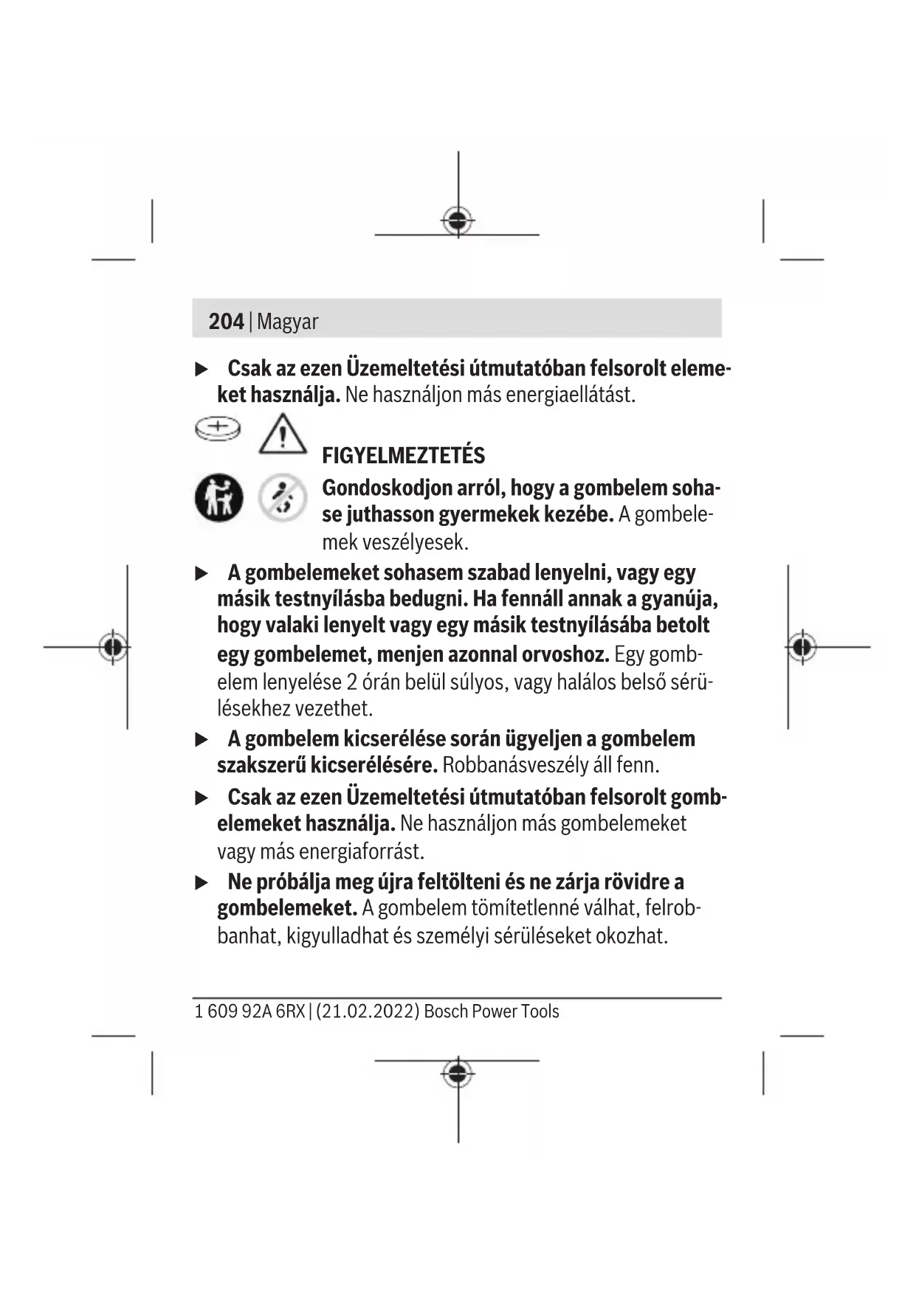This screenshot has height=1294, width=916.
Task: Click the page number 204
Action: coord(226,322)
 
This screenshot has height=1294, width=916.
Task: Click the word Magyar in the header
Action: coord(288,322)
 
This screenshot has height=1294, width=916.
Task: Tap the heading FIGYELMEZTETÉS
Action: coord(403,455)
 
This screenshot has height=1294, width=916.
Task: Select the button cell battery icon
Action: coord(218,429)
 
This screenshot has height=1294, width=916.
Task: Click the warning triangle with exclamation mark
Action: coord(283,434)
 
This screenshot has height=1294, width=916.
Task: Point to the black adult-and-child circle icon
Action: coord(218,497)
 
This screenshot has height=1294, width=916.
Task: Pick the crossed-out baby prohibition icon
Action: coord(283,497)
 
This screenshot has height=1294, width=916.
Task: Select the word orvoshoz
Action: coord(565,654)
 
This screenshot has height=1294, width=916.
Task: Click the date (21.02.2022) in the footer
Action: coord(368,1011)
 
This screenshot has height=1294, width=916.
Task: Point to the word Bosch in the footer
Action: coord(446,1011)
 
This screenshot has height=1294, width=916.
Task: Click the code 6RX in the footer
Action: coord(290,1011)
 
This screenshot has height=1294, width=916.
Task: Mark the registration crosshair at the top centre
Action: coord(458,220)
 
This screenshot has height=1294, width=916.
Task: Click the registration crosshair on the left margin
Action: coord(113,647)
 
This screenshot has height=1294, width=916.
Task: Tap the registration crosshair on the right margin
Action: coord(802,647)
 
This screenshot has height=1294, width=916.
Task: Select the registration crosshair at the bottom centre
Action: coord(458,1073)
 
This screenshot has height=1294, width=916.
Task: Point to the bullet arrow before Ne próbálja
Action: coord(202,882)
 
